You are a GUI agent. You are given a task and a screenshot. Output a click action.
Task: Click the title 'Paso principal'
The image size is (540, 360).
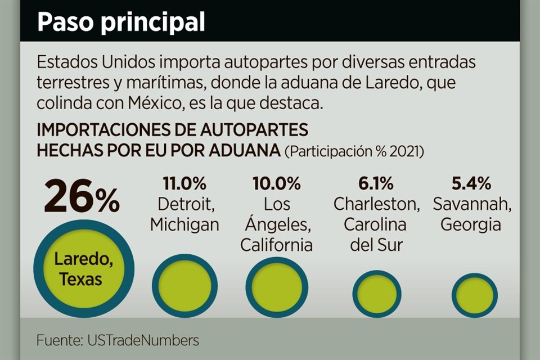pyautogui.click(x=120, y=22)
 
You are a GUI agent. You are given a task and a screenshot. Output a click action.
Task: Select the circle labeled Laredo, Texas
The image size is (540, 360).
pyautogui.click(x=84, y=269)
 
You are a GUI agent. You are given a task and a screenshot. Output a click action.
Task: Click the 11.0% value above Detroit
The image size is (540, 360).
pyautogui.click(x=184, y=183)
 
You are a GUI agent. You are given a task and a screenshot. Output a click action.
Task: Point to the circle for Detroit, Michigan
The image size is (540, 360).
pyautogui.click(x=184, y=285)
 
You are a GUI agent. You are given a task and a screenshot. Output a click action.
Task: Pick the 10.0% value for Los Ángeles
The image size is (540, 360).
pyautogui.click(x=276, y=183)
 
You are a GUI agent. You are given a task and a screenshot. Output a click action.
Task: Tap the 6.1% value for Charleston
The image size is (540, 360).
pyautogui.click(x=376, y=183)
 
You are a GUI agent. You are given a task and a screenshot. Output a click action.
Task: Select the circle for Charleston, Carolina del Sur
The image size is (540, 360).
pyautogui.click(x=376, y=294)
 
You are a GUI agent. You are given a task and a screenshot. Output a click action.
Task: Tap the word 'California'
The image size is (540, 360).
pyautogui.click(x=276, y=245)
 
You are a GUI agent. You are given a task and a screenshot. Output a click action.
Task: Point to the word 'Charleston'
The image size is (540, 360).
pyautogui.click(x=376, y=204)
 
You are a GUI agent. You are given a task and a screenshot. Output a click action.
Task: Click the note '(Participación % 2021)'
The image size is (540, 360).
pyautogui.click(x=354, y=152)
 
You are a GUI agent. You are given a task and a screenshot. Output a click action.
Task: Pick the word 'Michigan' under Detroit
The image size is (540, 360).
pyautogui.click(x=184, y=224)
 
